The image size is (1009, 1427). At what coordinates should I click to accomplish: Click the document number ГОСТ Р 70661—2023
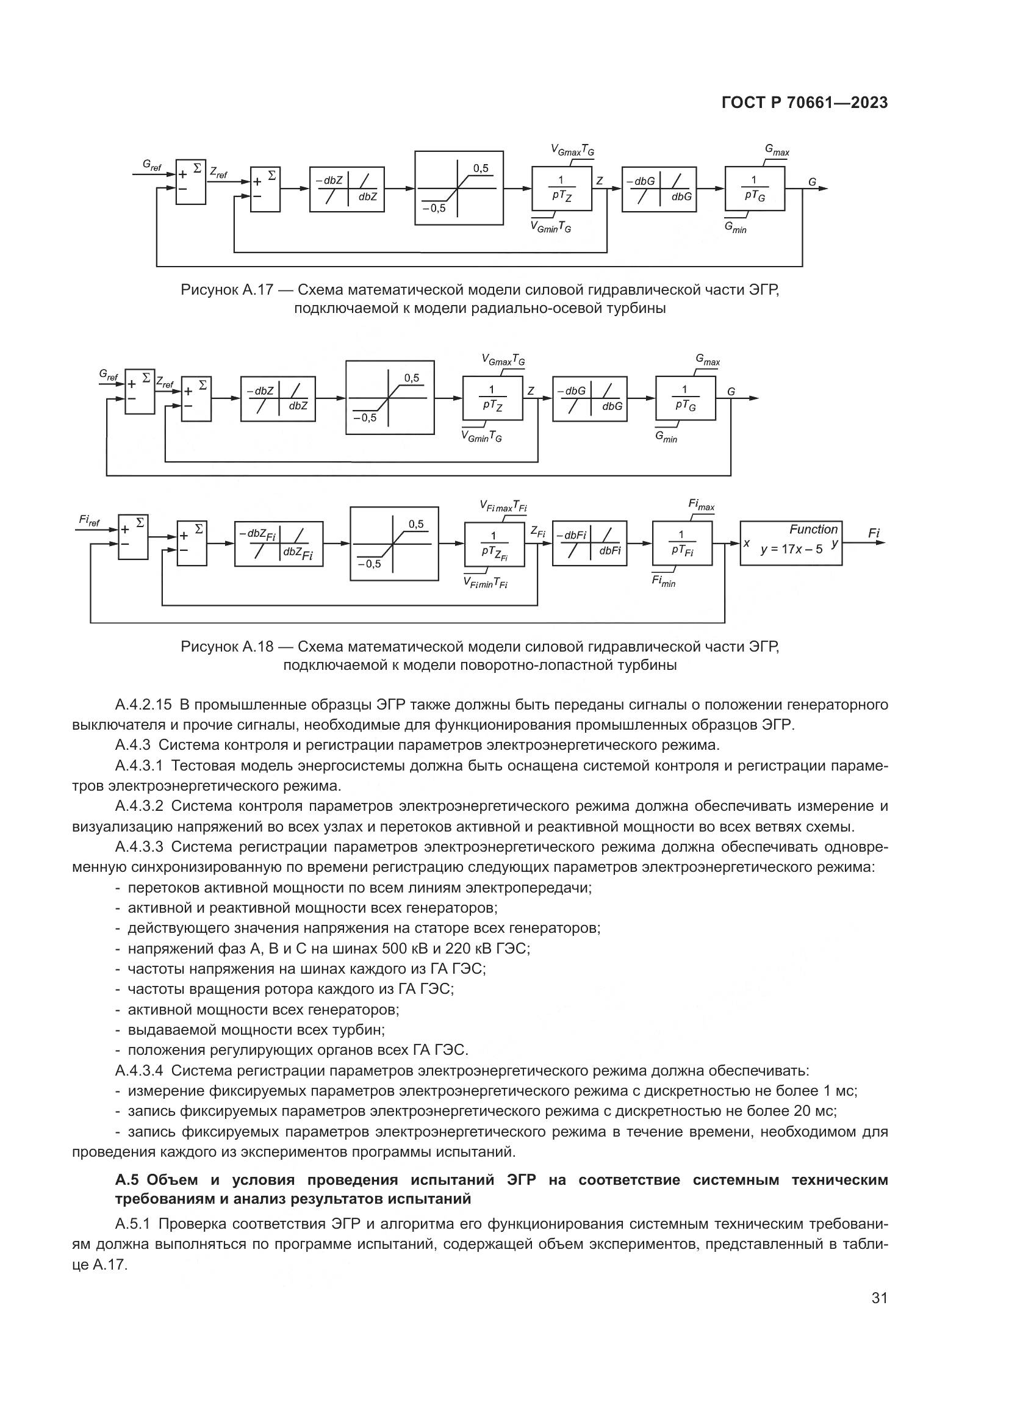click(804, 102)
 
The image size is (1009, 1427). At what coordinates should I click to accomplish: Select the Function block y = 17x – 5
click(791, 543)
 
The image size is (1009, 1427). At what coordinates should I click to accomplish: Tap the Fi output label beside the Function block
click(874, 533)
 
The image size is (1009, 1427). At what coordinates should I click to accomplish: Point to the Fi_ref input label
click(90, 520)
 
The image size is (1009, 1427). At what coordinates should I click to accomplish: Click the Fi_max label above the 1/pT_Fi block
click(701, 505)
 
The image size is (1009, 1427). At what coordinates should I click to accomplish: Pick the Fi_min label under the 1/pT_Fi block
click(663, 581)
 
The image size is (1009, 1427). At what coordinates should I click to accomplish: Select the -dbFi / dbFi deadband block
click(589, 543)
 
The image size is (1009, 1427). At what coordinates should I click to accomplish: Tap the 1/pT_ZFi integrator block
click(495, 544)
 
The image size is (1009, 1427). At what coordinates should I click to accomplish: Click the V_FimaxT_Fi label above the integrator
click(503, 506)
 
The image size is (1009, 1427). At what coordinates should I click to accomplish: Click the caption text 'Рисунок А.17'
click(227, 290)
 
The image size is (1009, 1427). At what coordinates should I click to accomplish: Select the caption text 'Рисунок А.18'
click(227, 646)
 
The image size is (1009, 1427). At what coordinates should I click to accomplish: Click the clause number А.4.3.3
click(138, 847)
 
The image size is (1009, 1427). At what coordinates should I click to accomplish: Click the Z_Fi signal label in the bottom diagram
click(537, 532)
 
